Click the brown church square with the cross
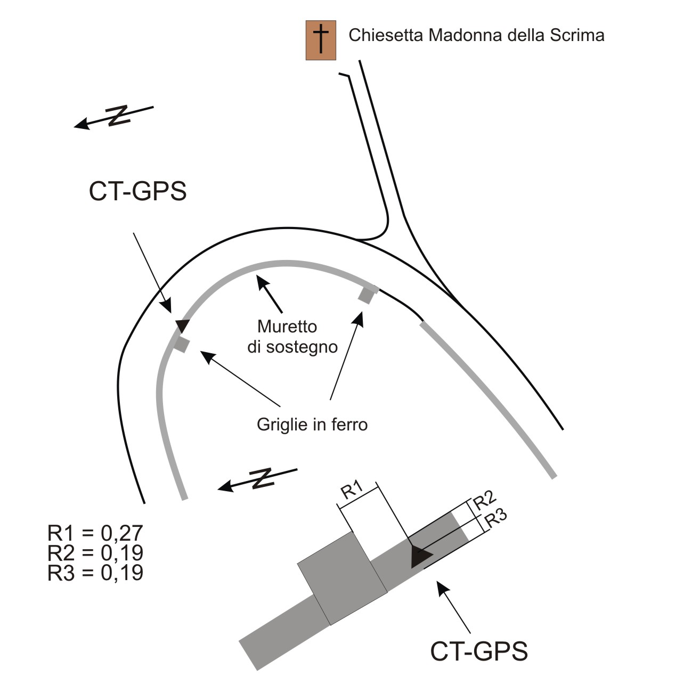tap(321, 40)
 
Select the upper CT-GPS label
tap(137, 191)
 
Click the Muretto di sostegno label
tap(292, 337)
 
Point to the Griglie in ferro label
tap(312, 424)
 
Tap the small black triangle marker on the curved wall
tap(182, 325)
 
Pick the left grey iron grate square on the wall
tap(182, 345)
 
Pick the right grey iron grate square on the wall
tap(367, 296)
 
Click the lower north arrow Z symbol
tap(263, 479)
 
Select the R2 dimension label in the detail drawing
tap(484, 501)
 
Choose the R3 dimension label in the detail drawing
tap(495, 518)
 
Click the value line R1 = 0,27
tap(95, 533)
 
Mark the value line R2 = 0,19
tap(95, 552)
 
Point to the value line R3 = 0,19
tap(95, 573)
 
